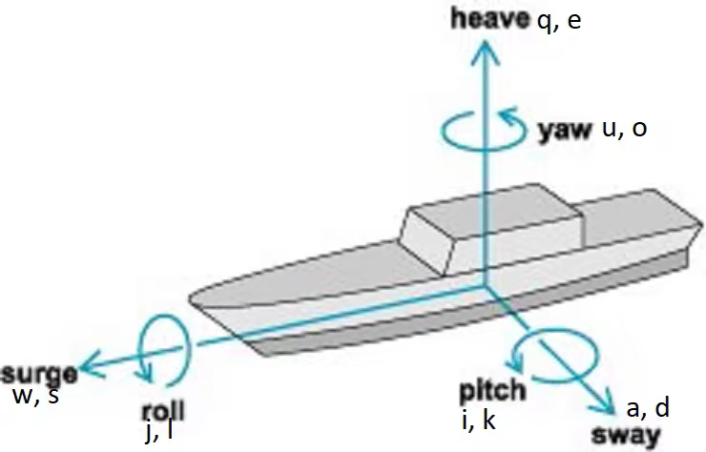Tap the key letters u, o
(625, 129)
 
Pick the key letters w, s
(34, 395)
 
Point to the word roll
(162, 411)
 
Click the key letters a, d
(649, 408)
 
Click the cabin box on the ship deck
(491, 229)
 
